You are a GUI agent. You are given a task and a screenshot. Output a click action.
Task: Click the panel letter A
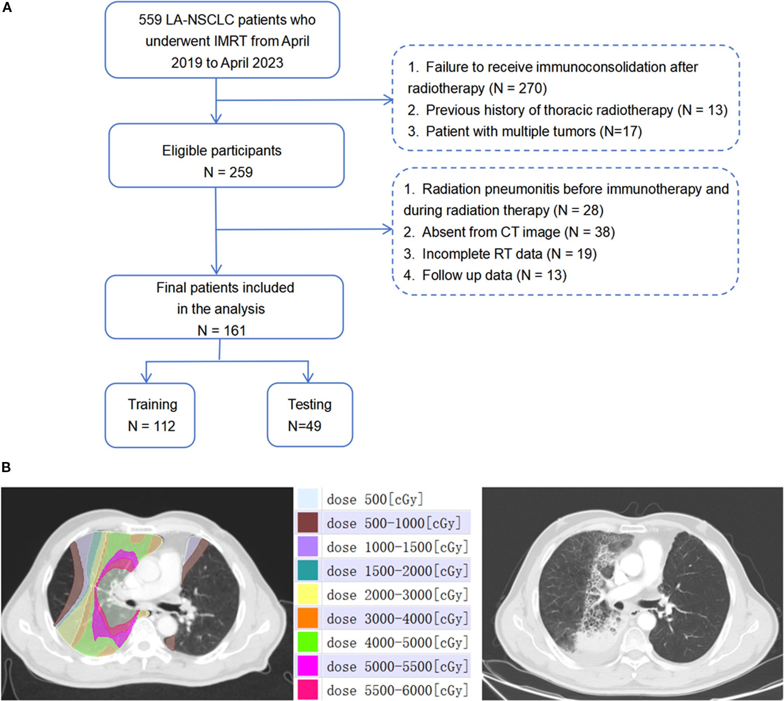click(x=7, y=7)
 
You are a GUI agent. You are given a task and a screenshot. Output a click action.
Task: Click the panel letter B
click(x=6, y=467)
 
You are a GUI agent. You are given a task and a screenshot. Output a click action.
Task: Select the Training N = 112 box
click(x=150, y=415)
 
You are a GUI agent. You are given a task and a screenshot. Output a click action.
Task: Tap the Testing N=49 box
click(x=309, y=415)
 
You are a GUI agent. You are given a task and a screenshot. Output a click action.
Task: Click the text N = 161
click(x=221, y=330)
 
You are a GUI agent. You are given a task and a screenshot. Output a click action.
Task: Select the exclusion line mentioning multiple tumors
click(x=525, y=131)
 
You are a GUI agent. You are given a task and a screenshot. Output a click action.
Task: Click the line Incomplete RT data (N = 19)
click(x=500, y=254)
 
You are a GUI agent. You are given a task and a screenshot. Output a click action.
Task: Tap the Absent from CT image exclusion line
click(x=509, y=232)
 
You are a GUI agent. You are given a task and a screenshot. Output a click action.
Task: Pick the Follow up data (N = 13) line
click(x=485, y=275)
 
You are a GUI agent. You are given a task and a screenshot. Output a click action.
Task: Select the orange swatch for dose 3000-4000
click(x=308, y=619)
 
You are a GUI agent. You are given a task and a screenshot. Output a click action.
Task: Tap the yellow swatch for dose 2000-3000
click(x=308, y=594)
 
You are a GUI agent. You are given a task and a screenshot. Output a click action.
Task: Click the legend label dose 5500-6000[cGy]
click(x=397, y=690)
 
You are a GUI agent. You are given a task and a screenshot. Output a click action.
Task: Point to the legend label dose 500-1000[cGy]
click(x=394, y=523)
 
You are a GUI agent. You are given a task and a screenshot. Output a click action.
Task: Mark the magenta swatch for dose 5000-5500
click(x=308, y=666)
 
